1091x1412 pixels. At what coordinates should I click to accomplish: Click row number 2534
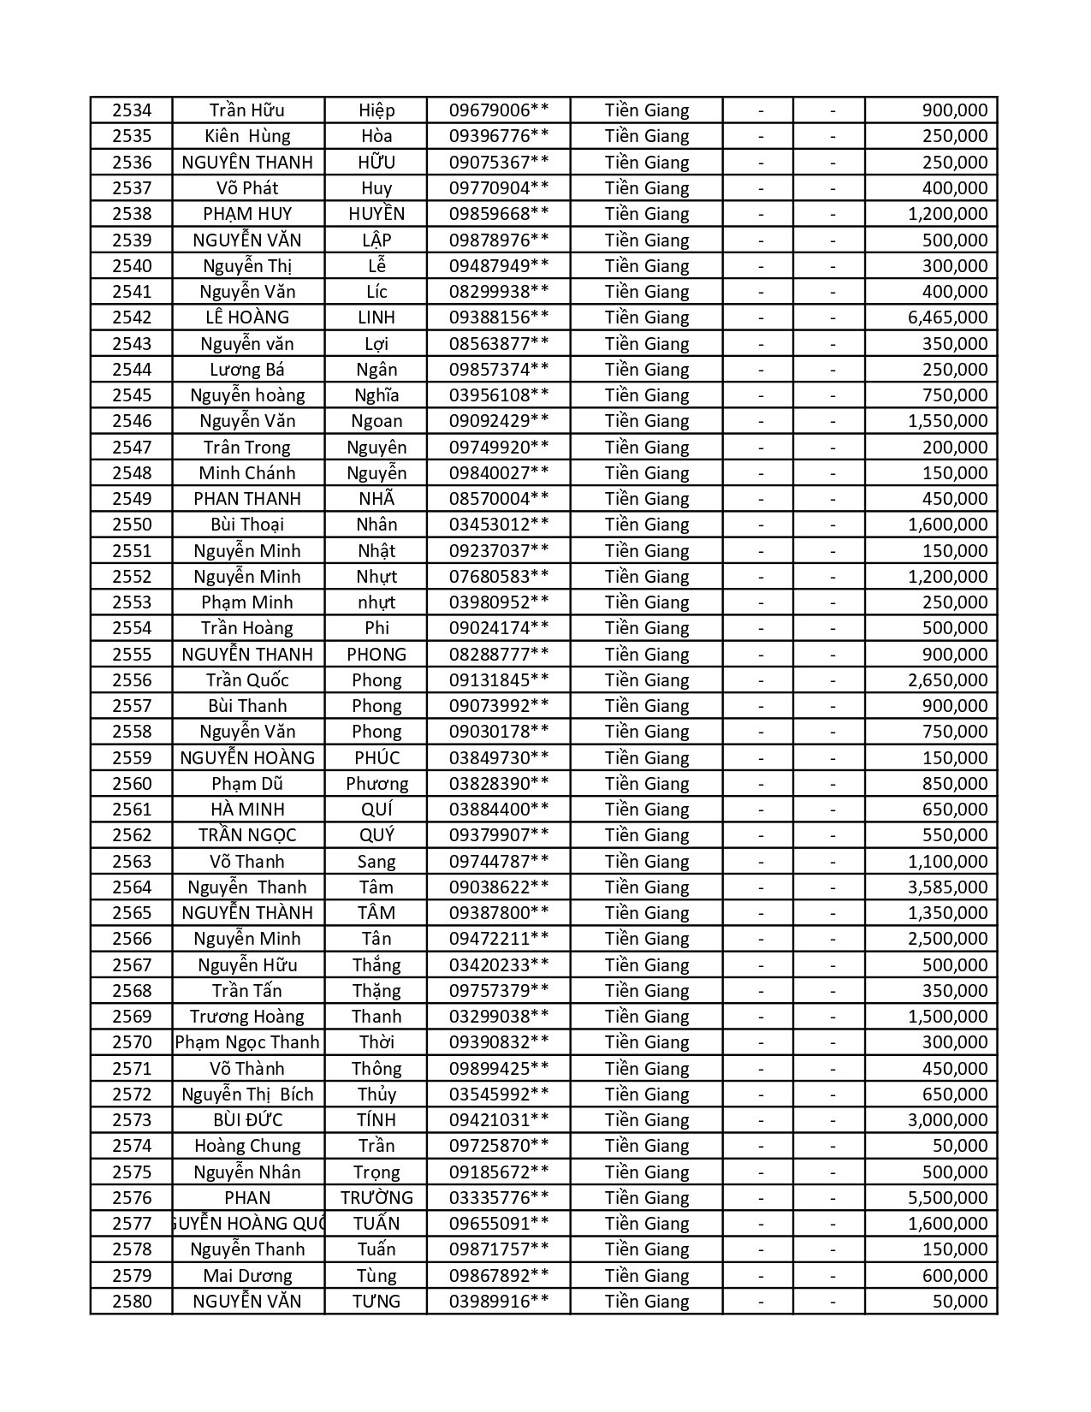tap(131, 110)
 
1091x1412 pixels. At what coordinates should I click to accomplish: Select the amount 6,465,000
tap(947, 317)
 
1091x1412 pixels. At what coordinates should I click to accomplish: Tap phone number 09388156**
tap(499, 317)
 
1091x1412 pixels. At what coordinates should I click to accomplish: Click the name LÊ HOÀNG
tap(247, 317)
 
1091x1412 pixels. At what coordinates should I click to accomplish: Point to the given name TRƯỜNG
tap(377, 1198)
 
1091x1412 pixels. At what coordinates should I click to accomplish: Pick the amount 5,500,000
tap(947, 1198)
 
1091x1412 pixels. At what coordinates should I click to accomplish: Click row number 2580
tap(131, 1302)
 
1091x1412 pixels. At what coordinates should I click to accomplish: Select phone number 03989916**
tap(499, 1302)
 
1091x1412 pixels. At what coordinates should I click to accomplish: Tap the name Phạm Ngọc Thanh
tap(247, 1042)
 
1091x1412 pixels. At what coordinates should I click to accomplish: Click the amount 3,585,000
tap(947, 887)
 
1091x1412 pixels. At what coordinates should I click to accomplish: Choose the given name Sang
tap(377, 862)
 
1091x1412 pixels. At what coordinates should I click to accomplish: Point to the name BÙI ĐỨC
tap(247, 1120)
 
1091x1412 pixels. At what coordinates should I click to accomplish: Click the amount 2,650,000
tap(947, 680)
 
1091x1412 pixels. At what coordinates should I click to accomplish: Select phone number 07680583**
tap(499, 577)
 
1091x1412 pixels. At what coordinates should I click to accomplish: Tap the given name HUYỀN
tap(377, 214)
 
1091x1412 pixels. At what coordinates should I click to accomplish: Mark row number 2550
tap(131, 525)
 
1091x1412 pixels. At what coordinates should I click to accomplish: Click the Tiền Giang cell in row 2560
tap(646, 784)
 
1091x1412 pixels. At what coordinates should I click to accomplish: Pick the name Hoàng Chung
tap(247, 1146)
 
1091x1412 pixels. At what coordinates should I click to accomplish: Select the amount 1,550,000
tap(947, 421)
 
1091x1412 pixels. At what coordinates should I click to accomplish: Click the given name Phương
tap(377, 784)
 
